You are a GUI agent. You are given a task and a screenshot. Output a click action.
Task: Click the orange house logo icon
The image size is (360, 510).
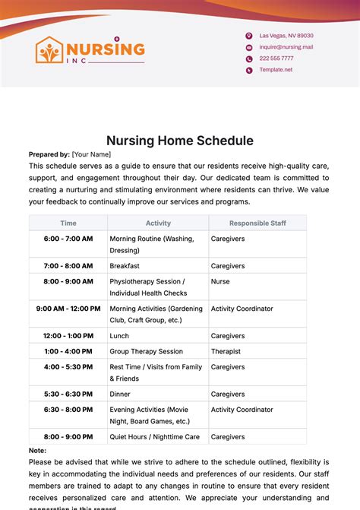50,51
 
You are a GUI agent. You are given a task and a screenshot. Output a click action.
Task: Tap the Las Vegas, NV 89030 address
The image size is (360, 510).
286,36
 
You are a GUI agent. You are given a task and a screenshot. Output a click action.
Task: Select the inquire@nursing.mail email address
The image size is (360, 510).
286,47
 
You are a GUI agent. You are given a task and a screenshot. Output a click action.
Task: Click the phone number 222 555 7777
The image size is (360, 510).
276,59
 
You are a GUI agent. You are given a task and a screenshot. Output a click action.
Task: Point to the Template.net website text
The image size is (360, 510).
276,70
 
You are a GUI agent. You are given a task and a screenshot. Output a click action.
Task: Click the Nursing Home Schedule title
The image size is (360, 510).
179,141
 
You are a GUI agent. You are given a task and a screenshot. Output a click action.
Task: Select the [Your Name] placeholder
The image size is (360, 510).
91,154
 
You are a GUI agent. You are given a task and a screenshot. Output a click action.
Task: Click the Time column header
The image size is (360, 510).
68,223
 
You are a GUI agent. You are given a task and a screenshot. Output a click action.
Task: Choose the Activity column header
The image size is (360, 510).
158,223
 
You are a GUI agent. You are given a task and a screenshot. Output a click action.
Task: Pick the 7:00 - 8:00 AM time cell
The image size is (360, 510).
68,266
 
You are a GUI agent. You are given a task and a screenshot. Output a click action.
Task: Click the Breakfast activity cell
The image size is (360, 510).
125,266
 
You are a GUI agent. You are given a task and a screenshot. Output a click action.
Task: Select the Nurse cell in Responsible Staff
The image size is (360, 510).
220,280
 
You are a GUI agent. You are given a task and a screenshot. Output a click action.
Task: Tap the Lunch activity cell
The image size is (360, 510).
119,335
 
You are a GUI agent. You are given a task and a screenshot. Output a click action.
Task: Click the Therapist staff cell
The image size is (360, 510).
226,351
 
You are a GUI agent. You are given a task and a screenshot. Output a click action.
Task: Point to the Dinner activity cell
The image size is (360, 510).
120,394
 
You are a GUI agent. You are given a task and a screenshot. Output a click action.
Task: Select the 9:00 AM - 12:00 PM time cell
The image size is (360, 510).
68,309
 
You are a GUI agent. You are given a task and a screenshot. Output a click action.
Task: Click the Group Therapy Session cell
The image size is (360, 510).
146,351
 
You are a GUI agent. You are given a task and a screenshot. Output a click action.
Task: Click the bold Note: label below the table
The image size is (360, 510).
38,451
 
